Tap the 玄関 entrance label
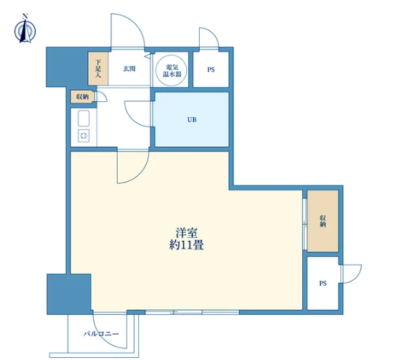point(129,68)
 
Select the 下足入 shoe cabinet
point(98,68)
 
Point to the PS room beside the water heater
point(211,70)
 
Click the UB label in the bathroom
point(192,120)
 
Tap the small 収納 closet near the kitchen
point(82,97)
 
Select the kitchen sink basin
point(84,118)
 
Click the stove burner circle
point(84,136)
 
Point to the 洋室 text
point(187,233)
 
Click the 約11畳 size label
point(187,245)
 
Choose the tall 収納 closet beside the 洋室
point(323,221)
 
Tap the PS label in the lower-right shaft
point(323,284)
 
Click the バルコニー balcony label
point(101,334)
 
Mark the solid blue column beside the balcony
point(69,294)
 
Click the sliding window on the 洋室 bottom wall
point(192,312)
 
